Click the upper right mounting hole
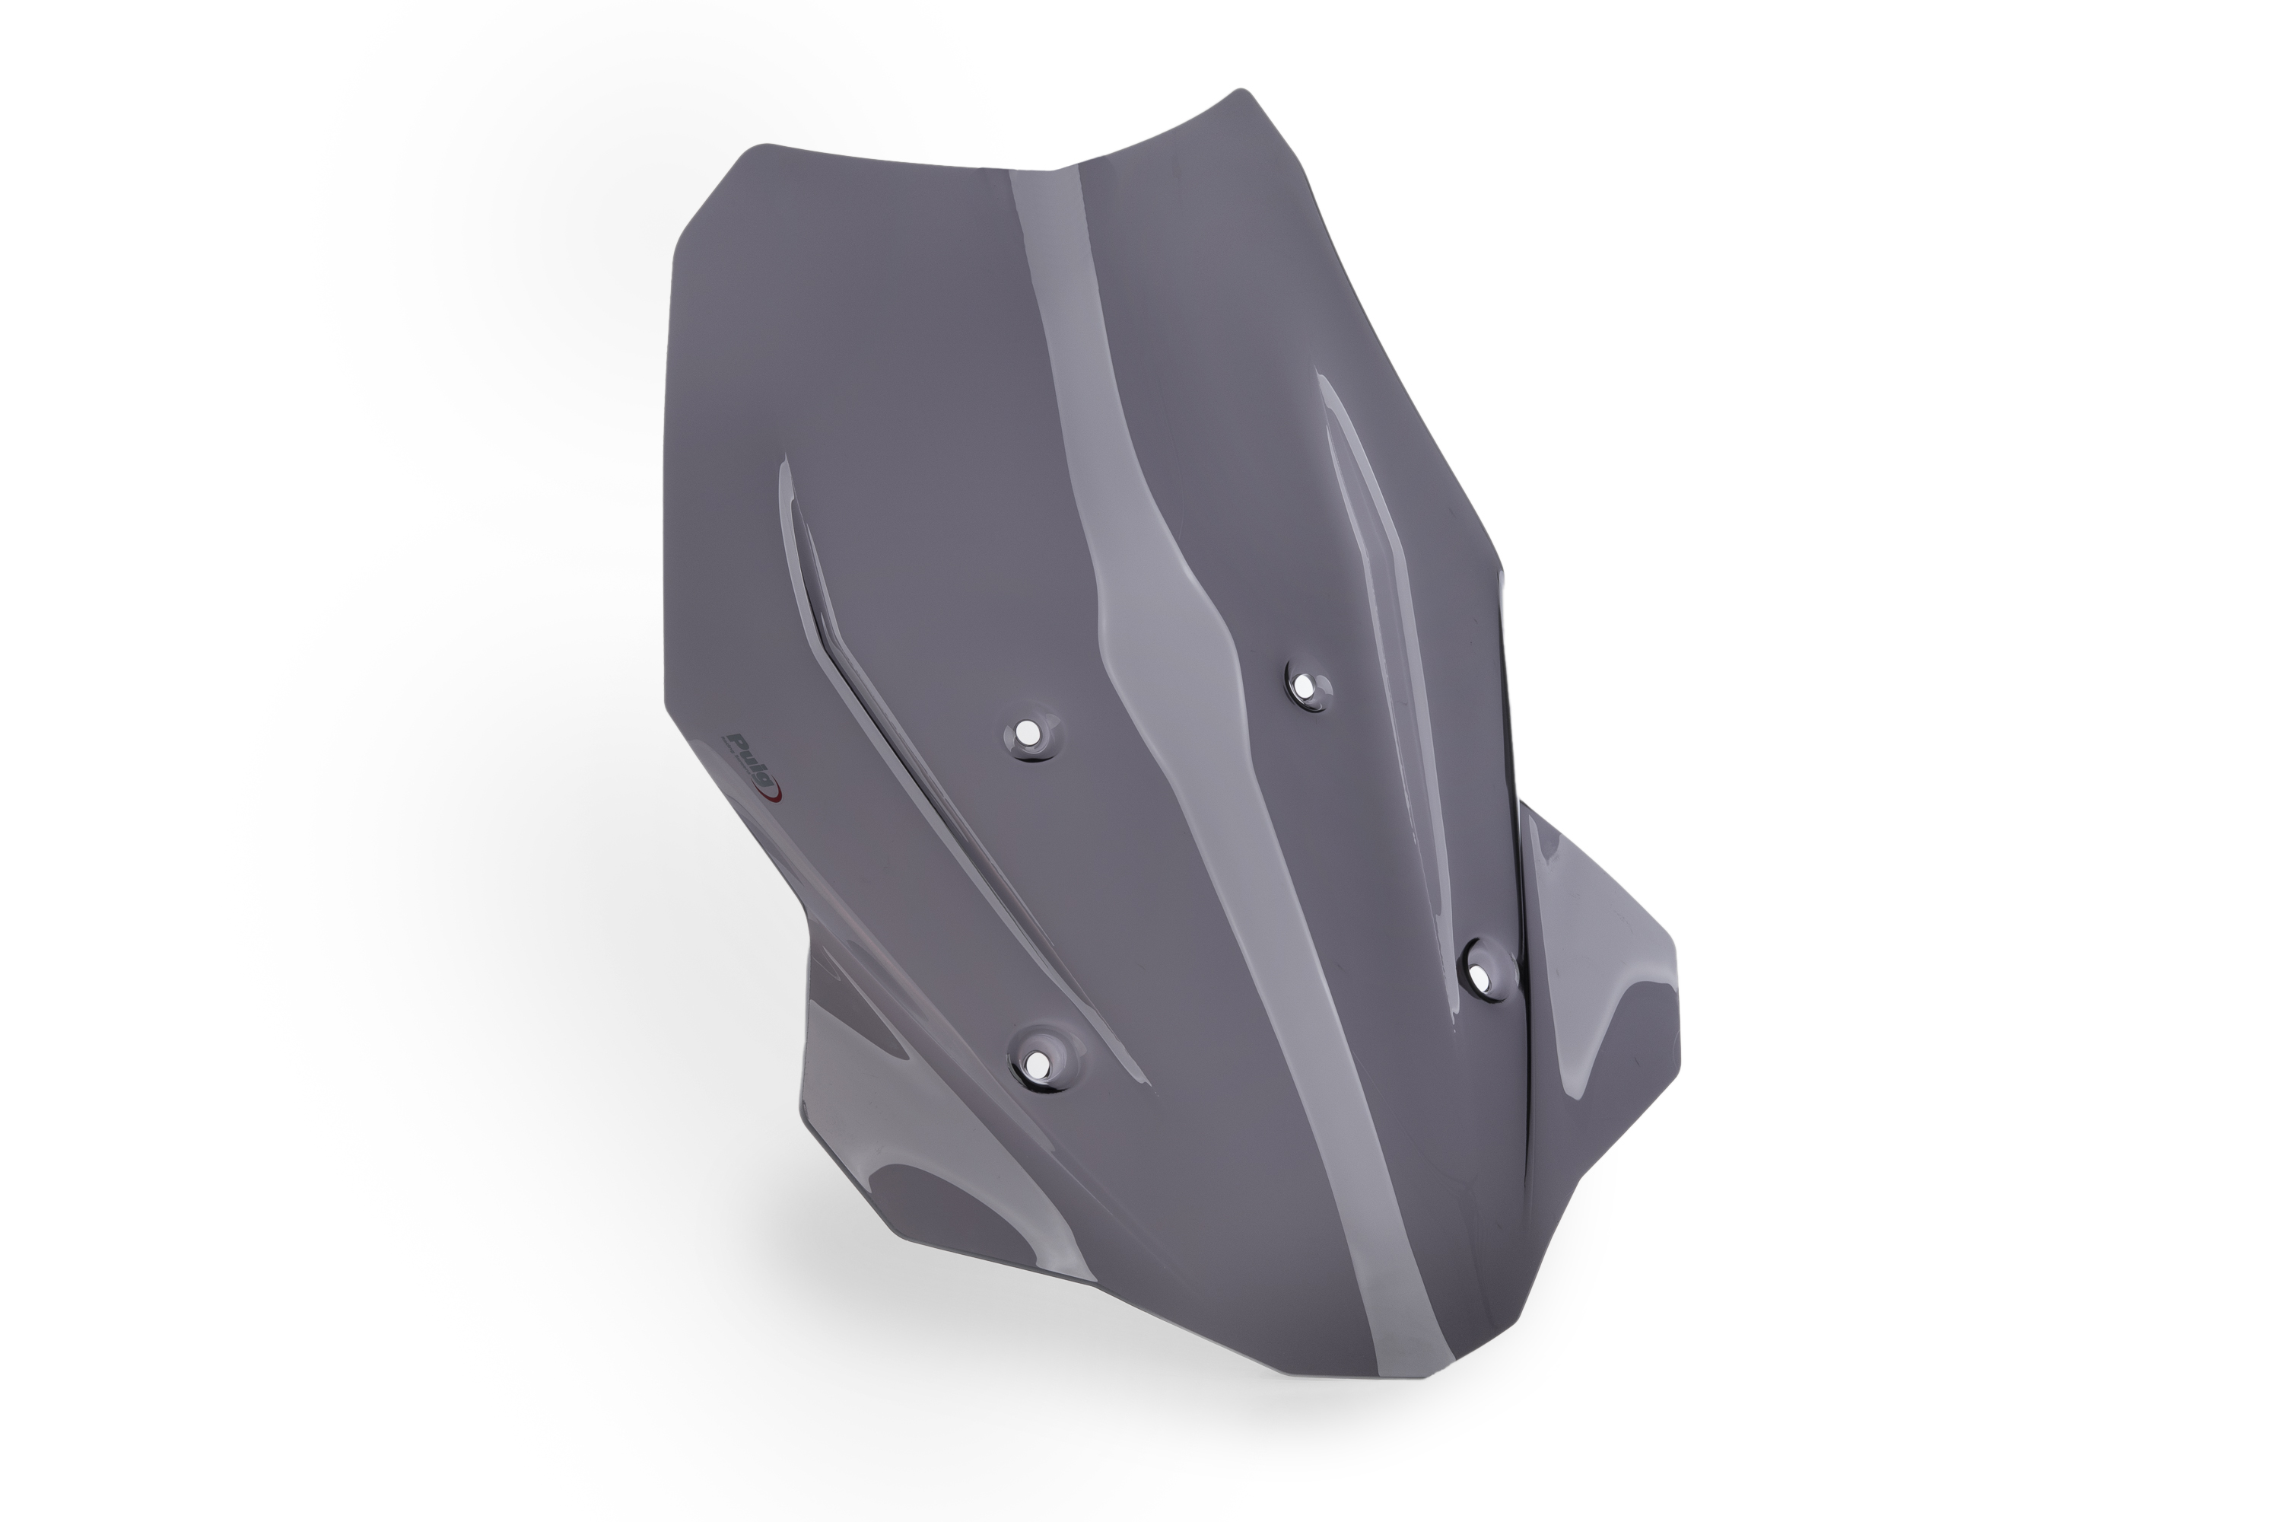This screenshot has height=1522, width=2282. [x=1306, y=688]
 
